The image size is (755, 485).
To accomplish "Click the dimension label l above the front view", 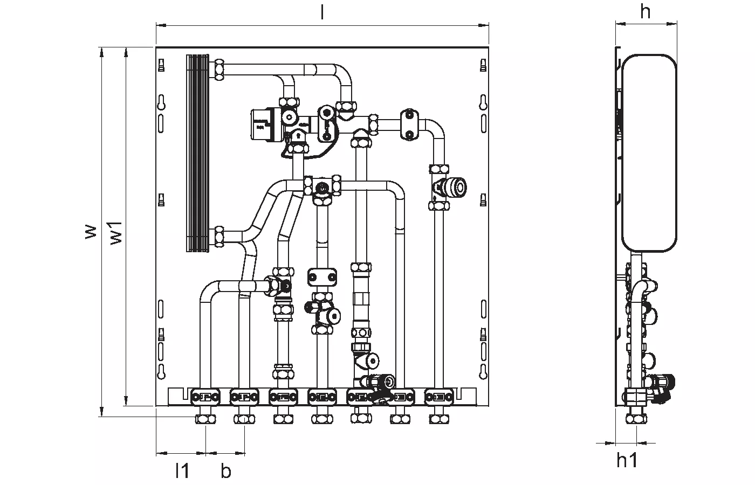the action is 322,13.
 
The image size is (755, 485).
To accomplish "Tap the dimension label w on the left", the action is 91,232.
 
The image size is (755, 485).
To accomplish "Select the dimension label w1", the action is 116,233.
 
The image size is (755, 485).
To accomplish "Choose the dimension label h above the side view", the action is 645,12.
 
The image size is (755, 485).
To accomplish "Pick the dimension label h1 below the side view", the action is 627,460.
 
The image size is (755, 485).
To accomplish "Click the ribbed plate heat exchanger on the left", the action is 197,153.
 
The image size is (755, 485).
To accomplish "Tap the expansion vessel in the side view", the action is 649,153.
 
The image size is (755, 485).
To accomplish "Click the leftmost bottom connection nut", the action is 205,419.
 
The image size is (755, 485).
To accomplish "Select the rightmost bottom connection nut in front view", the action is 439,419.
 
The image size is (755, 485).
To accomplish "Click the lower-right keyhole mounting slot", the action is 483,372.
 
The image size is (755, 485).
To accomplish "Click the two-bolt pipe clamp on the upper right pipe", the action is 409,124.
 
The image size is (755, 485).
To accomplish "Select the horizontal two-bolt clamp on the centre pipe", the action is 322,277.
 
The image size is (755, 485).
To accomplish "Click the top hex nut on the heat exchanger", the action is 219,70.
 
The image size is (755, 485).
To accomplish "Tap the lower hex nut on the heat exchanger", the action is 219,237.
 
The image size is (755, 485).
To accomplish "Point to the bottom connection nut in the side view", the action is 636,419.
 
